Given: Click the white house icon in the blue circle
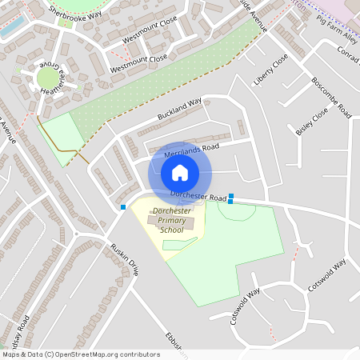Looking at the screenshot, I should [180, 172].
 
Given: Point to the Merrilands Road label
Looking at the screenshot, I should [191, 150].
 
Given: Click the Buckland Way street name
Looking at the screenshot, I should [179, 110].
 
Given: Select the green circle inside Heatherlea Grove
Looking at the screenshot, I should [48, 78].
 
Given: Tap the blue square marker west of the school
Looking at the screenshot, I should [122, 207].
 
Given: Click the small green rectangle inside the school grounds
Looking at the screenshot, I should [180, 243].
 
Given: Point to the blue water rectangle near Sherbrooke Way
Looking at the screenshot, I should [11, 25].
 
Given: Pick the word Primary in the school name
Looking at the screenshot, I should [172, 220].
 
